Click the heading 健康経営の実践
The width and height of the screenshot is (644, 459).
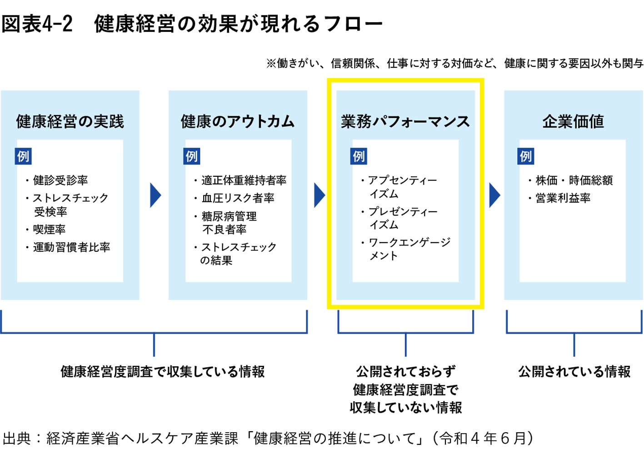pyautogui.click(x=70, y=122)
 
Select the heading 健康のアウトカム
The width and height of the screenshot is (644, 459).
pyautogui.click(x=237, y=122)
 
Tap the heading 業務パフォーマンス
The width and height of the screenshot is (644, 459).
pyautogui.click(x=405, y=122)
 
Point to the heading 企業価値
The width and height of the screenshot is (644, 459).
pyautogui.click(x=573, y=122)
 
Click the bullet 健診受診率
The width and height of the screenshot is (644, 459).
pyautogui.click(x=60, y=180)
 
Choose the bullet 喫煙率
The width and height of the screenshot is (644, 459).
pyautogui.click(x=49, y=229)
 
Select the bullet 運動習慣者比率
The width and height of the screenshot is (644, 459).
pyautogui.click(x=71, y=247)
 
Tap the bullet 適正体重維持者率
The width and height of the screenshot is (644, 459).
pyautogui.click(x=244, y=180)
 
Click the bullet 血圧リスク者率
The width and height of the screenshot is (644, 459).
pyautogui.click(x=238, y=198)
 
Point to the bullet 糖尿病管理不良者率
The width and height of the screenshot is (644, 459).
pyautogui.click(x=229, y=223)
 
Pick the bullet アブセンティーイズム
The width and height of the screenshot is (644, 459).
pyautogui.click(x=402, y=187)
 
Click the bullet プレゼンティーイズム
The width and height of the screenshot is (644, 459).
pyautogui.click(x=402, y=218)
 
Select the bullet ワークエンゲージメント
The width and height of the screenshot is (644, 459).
pyautogui.click(x=409, y=249)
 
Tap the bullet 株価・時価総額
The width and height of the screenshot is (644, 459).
pyautogui.click(x=574, y=180)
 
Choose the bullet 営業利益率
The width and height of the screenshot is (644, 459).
pyautogui.click(x=563, y=198)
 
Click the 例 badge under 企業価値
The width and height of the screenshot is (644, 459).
pyautogui.click(x=526, y=156)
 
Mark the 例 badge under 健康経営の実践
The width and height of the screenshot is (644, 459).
pyautogui.click(x=23, y=156)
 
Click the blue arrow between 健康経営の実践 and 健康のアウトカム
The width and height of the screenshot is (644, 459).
pyautogui.click(x=155, y=195)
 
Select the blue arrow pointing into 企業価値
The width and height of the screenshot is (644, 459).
pyautogui.click(x=494, y=195)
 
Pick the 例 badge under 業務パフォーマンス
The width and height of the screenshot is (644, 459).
pyautogui.click(x=359, y=156)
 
